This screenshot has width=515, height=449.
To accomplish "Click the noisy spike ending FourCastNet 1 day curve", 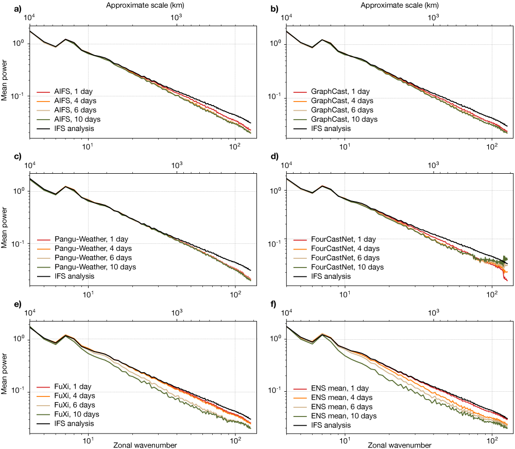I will [x=506, y=279].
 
